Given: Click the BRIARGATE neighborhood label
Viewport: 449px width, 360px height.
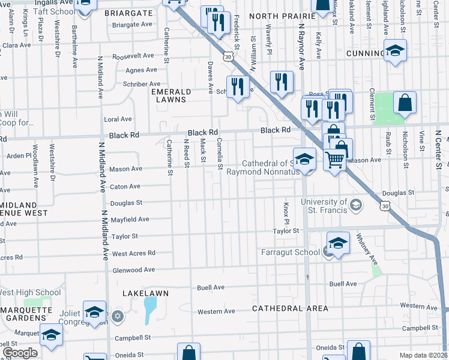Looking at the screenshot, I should coord(128,12).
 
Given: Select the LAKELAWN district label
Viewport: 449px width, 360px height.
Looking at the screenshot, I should coord(145,293).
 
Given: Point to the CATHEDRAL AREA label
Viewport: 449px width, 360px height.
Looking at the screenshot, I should coord(290,308).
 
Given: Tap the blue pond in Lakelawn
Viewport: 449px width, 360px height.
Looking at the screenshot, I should coord(148,310).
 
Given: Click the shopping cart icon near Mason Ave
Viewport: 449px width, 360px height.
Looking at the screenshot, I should coord(334,160).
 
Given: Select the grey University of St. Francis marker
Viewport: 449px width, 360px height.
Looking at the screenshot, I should coord(356,206).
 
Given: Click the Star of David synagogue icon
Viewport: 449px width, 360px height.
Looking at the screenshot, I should coord(118,316).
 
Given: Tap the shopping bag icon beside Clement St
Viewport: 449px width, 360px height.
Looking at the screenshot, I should coord(405,103).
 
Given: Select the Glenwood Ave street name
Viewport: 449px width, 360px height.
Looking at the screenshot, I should coord(133,270).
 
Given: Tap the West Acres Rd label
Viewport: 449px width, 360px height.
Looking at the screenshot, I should coord(133,253).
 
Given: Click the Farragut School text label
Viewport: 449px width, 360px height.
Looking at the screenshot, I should coord(290,252).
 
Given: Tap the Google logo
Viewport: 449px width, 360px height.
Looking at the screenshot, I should coord(20,353).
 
